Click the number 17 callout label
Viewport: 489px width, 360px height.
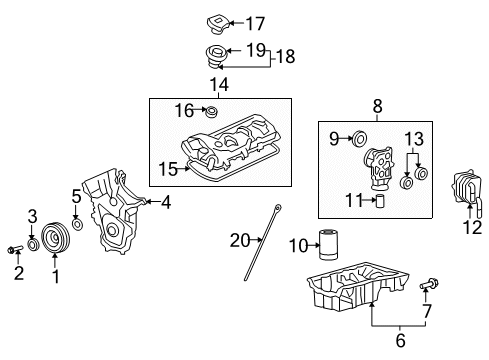tap(256, 22)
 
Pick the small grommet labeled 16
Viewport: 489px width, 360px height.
tap(211, 110)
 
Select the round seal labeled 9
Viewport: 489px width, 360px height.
tap(357, 137)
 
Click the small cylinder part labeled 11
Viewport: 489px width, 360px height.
tap(380, 201)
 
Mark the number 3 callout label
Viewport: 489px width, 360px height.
tap(32, 216)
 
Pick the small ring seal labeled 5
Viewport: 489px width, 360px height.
tap(77, 213)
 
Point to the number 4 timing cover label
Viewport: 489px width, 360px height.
tap(166, 202)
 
